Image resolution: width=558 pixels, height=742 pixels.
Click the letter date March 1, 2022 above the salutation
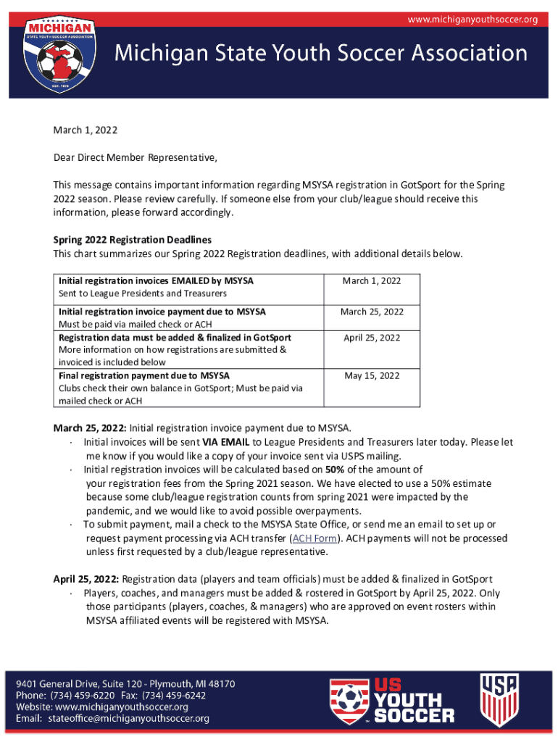[86, 130]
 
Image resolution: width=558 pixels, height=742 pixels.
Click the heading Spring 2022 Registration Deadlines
[133, 240]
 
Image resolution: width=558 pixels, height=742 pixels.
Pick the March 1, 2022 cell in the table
[372, 281]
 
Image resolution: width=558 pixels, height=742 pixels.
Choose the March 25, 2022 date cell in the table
[372, 312]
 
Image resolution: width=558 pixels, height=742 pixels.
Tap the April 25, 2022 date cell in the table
[372, 338]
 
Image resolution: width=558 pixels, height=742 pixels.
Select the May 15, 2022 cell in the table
[372, 375]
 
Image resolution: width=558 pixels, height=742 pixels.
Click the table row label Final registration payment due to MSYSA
[144, 375]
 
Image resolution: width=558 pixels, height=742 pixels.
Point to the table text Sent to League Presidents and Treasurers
[143, 293]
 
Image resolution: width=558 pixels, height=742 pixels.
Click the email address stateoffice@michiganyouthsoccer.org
[129, 718]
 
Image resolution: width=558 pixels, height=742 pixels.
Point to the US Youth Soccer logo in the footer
[392, 700]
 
